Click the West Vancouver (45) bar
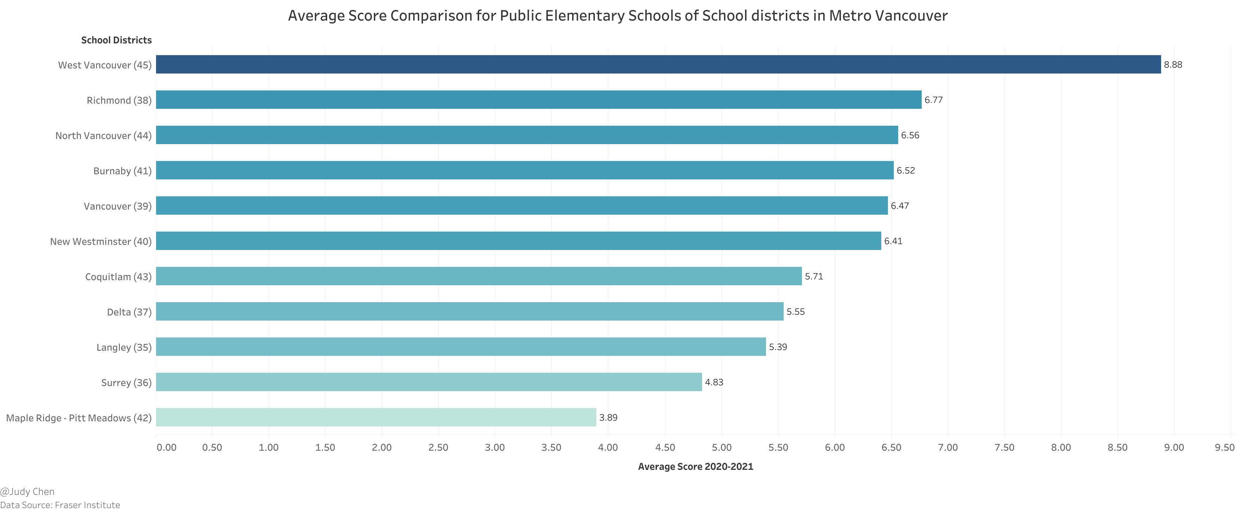[x=658, y=64]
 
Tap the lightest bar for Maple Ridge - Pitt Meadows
[x=376, y=417]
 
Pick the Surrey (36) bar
[x=429, y=382]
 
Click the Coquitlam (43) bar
[x=478, y=276]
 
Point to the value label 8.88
[x=1173, y=65]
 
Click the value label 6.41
[x=893, y=241]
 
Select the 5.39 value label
[x=778, y=347]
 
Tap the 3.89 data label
[x=608, y=417]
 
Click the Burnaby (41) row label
[x=122, y=171]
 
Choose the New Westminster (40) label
[x=101, y=242]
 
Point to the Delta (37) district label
[x=129, y=312]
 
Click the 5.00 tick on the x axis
[x=721, y=447]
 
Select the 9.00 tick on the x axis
[x=1174, y=447]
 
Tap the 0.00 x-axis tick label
[x=166, y=447]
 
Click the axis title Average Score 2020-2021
[x=695, y=467]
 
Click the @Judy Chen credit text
[x=27, y=491]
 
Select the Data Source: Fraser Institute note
[x=60, y=505]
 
